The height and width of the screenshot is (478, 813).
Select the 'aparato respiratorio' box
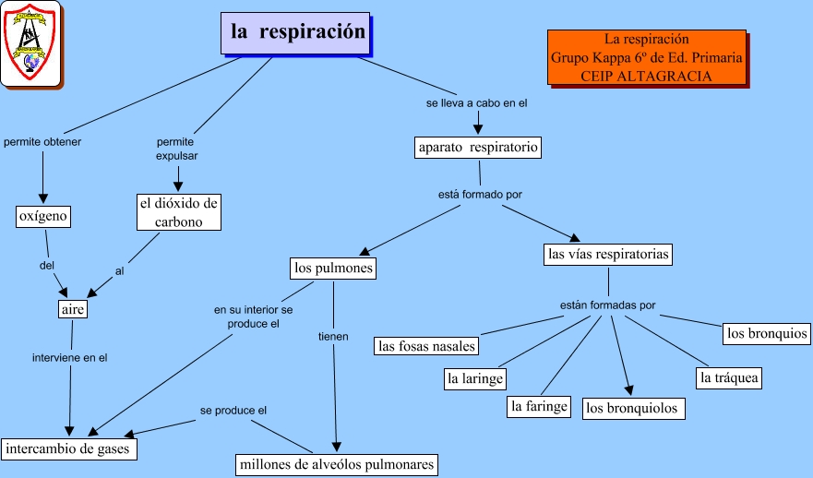(477, 148)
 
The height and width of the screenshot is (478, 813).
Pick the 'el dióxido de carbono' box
(179, 212)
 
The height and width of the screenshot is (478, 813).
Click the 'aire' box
(73, 310)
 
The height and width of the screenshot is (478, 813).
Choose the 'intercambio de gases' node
(70, 449)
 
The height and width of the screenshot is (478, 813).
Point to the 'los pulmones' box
(333, 269)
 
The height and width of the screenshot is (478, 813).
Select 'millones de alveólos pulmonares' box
(336, 464)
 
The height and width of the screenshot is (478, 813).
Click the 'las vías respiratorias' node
(608, 253)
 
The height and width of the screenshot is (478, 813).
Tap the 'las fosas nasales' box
(426, 346)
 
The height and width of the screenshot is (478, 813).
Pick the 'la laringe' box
(475, 378)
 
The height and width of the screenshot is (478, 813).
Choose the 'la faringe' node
(540, 406)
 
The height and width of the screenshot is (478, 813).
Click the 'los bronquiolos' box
(633, 408)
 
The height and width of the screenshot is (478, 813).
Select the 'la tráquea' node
(729, 378)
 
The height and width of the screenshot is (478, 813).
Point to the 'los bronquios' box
(766, 333)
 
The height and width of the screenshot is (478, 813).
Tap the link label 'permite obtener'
(42, 142)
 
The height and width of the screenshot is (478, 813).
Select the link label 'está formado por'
(480, 195)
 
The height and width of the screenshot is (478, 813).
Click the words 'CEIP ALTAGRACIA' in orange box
(646, 76)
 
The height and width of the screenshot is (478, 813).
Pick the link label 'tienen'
(333, 337)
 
